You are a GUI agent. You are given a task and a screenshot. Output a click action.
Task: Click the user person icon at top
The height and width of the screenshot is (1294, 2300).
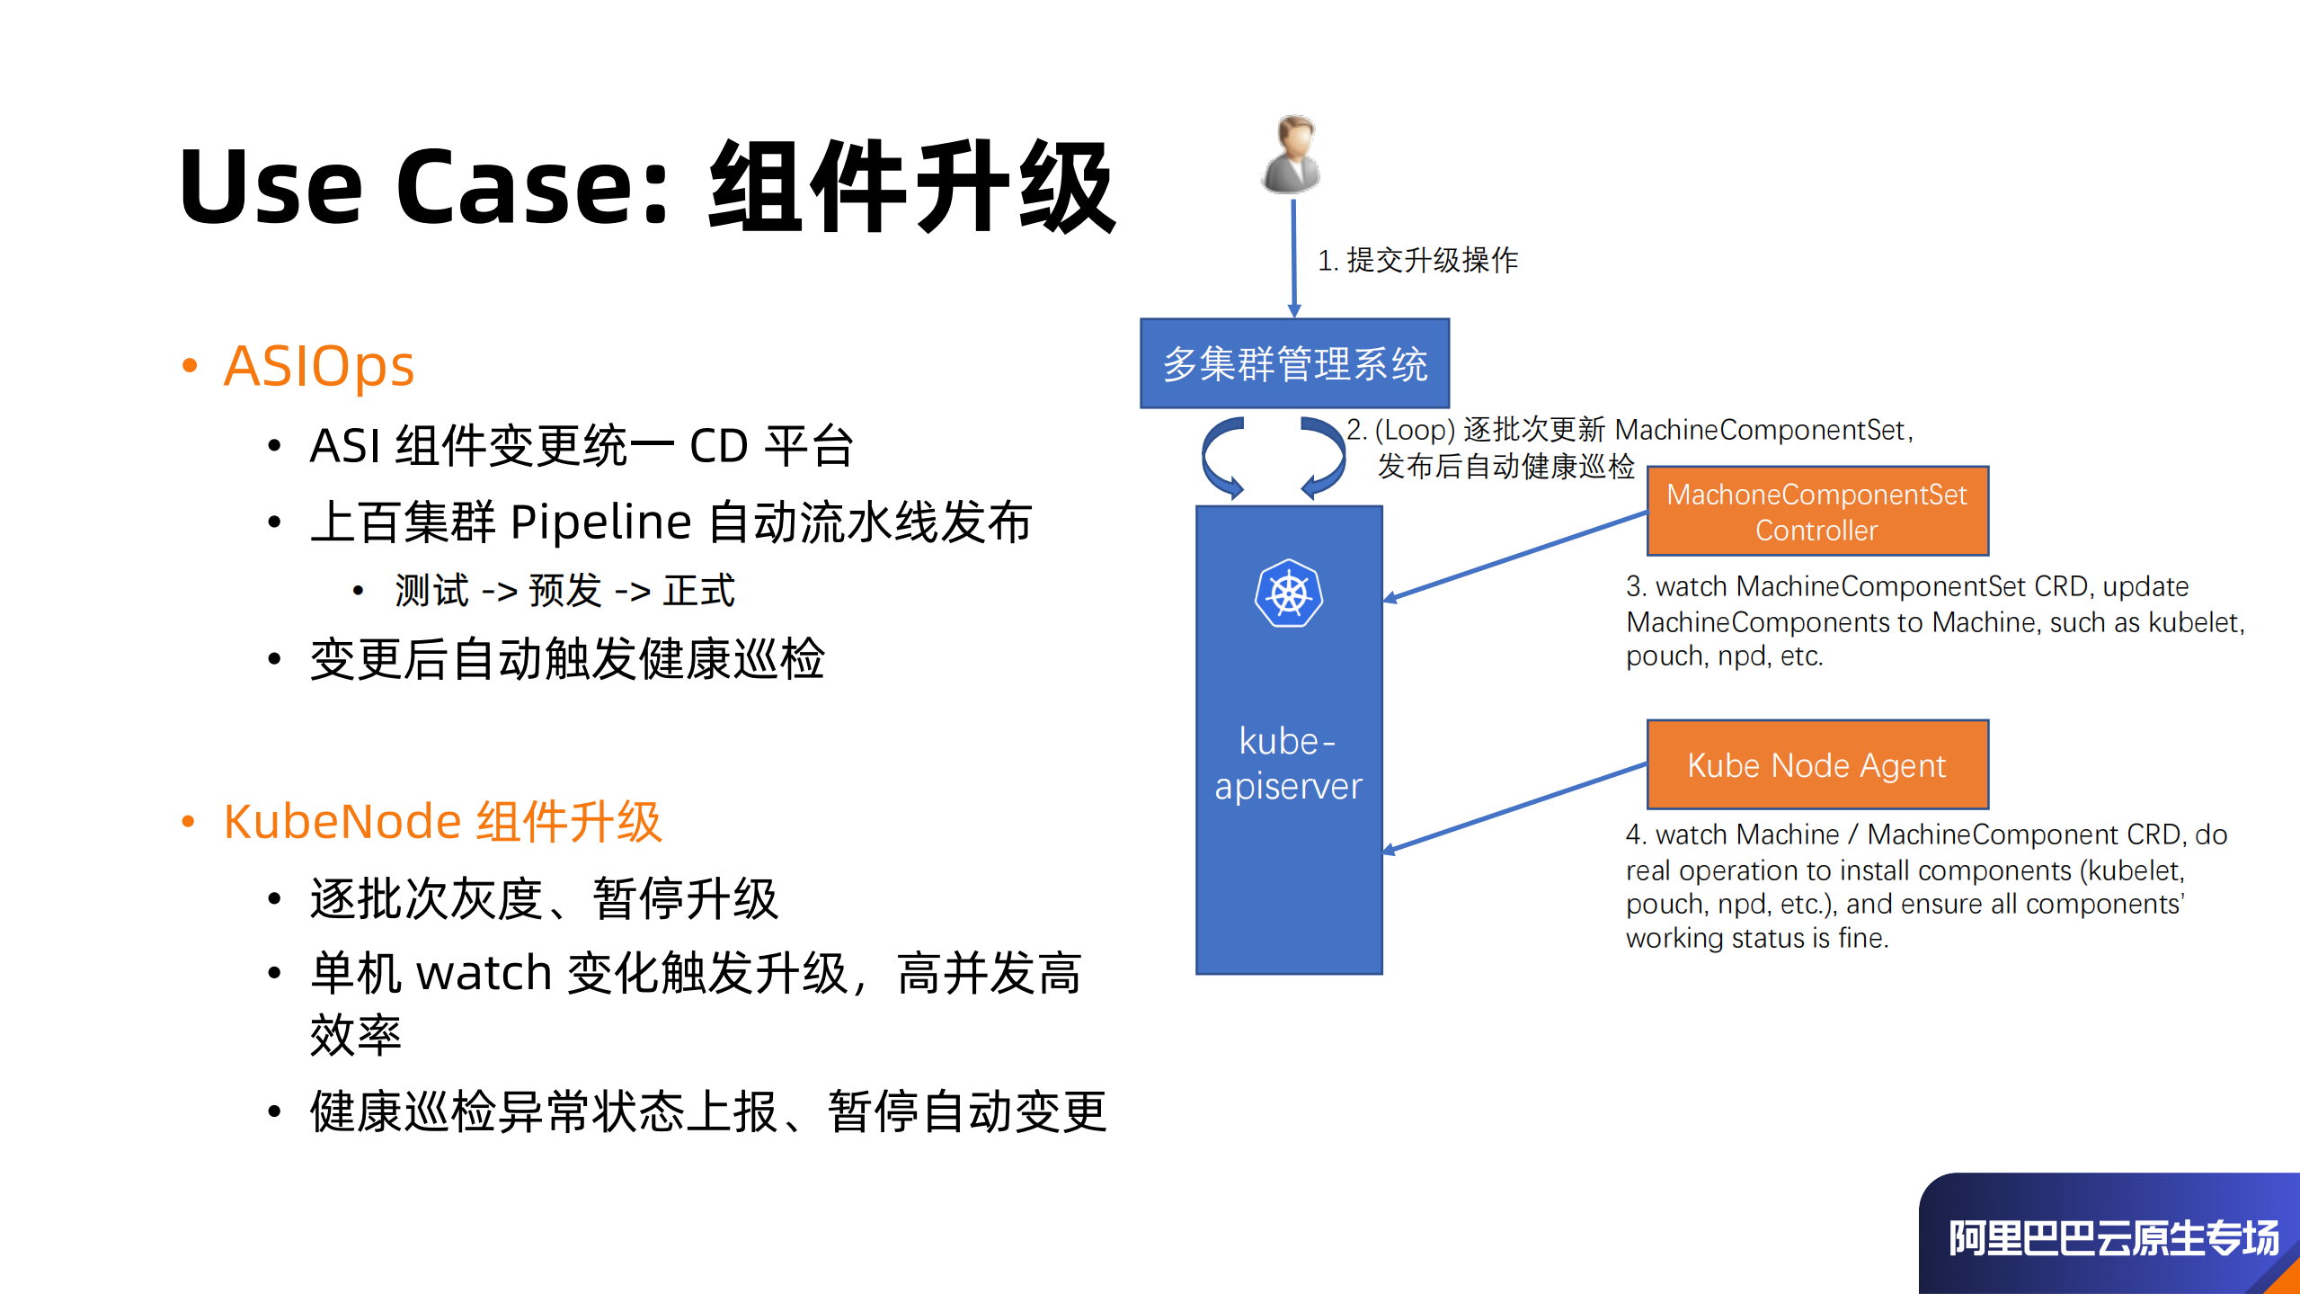pyautogui.click(x=1292, y=155)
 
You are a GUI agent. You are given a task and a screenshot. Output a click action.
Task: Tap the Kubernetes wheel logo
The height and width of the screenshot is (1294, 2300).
pyautogui.click(x=1289, y=594)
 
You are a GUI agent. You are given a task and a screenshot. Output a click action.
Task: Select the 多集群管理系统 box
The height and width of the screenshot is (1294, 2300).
pyautogui.click(x=1294, y=363)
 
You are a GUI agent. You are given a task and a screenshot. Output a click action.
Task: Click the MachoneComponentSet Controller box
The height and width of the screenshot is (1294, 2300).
pyautogui.click(x=1816, y=511)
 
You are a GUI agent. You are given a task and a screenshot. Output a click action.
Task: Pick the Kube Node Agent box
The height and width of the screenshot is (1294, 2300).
pyautogui.click(x=1816, y=764)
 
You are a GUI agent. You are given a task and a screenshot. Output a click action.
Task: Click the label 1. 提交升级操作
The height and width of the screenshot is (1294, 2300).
pyautogui.click(x=1417, y=261)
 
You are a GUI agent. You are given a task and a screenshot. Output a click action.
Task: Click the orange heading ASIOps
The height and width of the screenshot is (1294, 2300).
pyautogui.click(x=318, y=366)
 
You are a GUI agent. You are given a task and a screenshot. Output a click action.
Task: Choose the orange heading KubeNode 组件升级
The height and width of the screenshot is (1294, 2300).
pyautogui.click(x=442, y=821)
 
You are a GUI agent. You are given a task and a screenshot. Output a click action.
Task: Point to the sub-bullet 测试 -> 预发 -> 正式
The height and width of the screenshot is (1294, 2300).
pyautogui.click(x=564, y=591)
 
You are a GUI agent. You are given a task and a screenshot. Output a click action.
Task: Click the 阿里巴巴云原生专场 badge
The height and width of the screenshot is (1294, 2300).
pyautogui.click(x=2111, y=1237)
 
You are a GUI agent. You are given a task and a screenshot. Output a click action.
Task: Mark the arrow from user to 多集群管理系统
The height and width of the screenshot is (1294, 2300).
pyautogui.click(x=1293, y=259)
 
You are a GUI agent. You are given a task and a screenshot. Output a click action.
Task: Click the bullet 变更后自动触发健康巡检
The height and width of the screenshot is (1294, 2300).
pyautogui.click(x=566, y=659)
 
